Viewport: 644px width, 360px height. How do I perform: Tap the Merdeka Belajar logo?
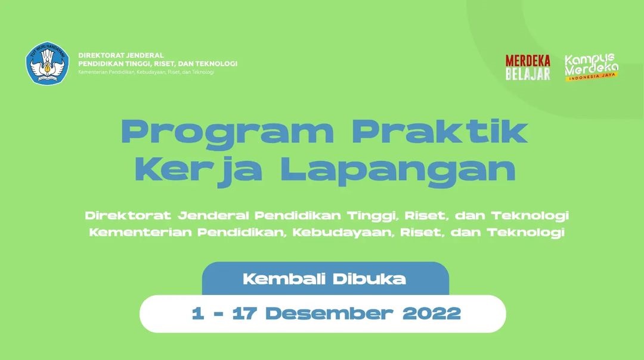point(528,67)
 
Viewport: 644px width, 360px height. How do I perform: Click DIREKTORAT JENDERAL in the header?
point(121,55)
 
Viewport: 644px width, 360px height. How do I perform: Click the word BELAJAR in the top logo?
point(528,74)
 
